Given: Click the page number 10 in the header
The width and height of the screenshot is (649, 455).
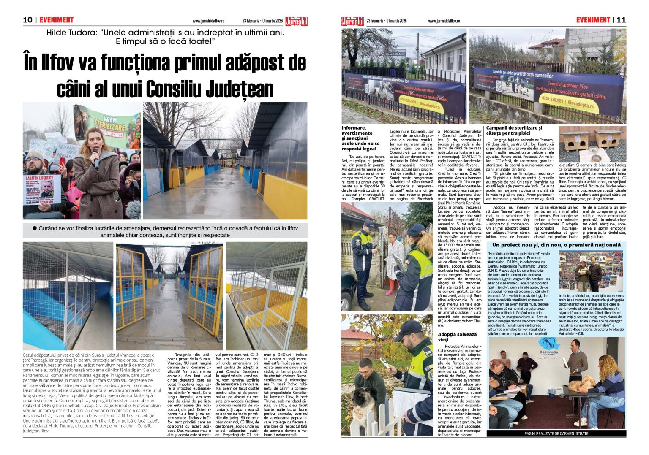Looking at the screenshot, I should click(27, 20).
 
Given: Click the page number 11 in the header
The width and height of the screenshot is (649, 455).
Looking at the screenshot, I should click(621, 20).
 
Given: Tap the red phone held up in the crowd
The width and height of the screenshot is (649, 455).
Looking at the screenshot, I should click(62, 161).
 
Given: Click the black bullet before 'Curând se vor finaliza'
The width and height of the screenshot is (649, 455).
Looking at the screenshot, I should click(35, 228).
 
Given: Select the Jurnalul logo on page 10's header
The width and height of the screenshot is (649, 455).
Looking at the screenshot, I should click(296, 21).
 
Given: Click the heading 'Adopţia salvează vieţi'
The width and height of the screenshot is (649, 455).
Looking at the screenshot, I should click(457, 337).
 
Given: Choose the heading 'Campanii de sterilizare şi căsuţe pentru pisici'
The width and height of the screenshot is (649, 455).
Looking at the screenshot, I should click(514, 130).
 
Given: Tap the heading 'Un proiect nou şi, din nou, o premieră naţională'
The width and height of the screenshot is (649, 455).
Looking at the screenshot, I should click(556, 245).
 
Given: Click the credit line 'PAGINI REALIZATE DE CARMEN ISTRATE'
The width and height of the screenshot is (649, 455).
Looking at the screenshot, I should click(556, 433).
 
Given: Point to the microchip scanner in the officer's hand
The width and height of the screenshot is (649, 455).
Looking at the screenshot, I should click(385, 364).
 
